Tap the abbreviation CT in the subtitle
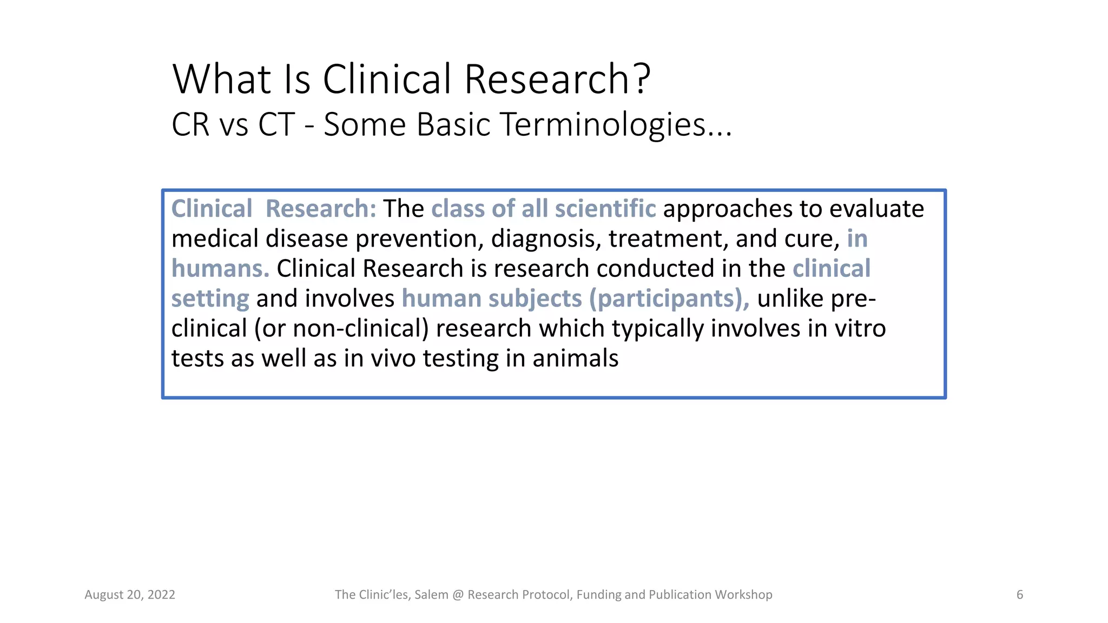276,124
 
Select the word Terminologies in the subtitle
603,125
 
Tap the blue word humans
220,269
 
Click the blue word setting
210,299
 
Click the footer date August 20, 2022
130,595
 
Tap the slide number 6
1019,595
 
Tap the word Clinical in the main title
386,79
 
